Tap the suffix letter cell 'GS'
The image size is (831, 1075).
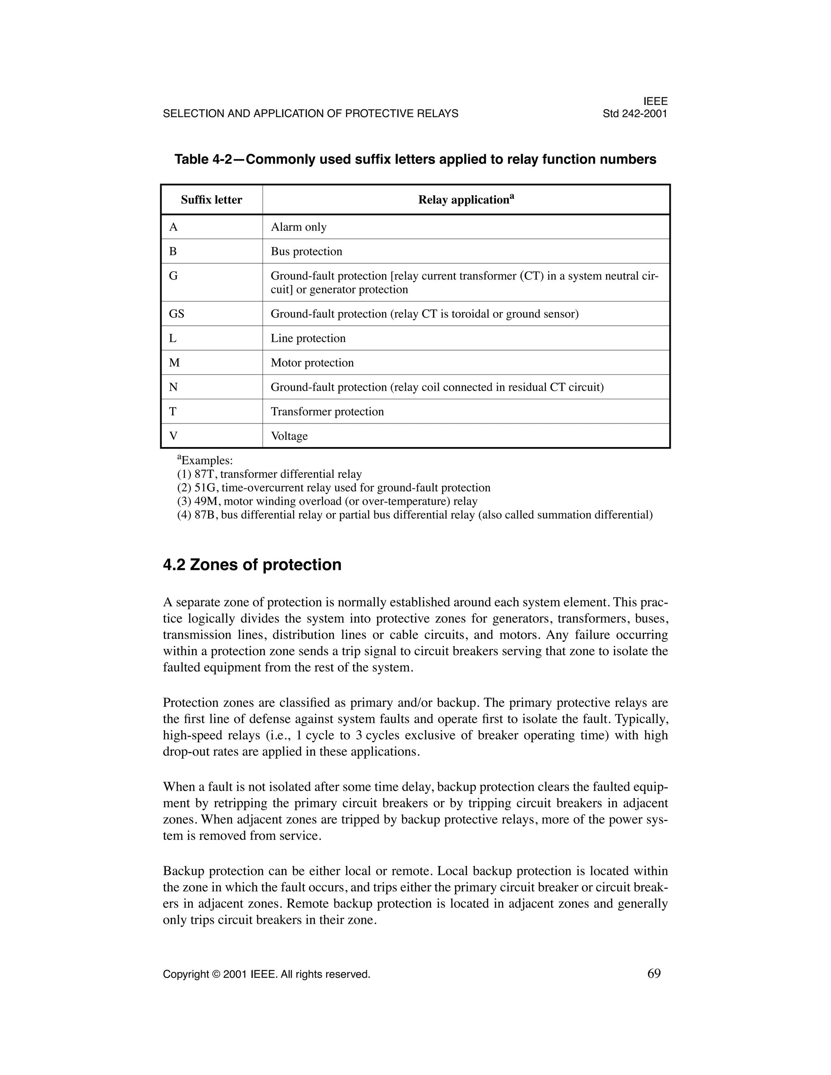point(176,314)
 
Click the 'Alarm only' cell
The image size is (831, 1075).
point(298,227)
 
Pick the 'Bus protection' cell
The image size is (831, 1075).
point(306,252)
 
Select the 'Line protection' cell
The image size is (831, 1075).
point(308,338)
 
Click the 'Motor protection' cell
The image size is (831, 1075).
point(312,363)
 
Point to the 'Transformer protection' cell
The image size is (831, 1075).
point(327,411)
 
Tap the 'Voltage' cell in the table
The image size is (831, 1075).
point(289,436)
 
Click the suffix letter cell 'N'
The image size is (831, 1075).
point(173,387)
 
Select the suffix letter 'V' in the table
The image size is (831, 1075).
point(173,436)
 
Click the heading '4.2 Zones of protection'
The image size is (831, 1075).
point(252,565)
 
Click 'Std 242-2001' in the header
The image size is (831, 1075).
point(635,114)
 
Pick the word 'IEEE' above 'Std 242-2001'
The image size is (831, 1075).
point(655,101)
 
